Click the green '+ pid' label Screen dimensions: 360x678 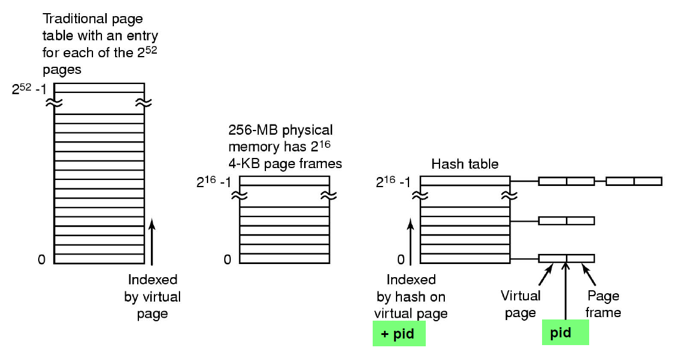[x=399, y=334]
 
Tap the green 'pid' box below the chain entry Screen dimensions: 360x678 [x=565, y=333]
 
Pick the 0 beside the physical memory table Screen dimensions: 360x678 [x=227, y=260]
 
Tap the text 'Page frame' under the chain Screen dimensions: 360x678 [x=603, y=304]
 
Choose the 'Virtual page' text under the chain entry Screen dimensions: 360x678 [x=521, y=304]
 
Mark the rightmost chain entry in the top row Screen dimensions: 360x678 [x=634, y=181]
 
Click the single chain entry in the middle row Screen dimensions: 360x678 [x=566, y=221]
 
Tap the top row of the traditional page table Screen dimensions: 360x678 [x=99, y=88]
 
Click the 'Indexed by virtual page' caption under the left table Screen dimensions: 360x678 [x=153, y=296]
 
